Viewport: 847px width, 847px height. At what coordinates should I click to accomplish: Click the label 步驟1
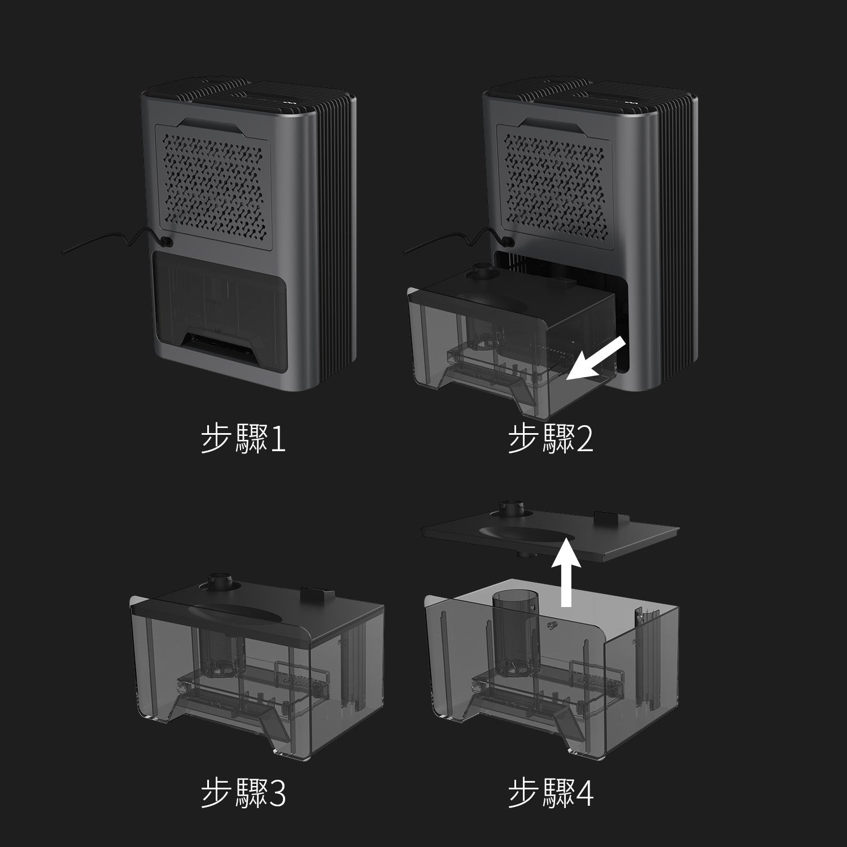click(x=243, y=439)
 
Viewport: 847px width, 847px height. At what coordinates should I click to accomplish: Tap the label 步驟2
click(x=551, y=439)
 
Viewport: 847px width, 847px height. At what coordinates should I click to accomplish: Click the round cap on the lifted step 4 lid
click(x=511, y=509)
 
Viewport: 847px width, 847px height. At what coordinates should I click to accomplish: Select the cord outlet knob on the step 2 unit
click(x=508, y=240)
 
